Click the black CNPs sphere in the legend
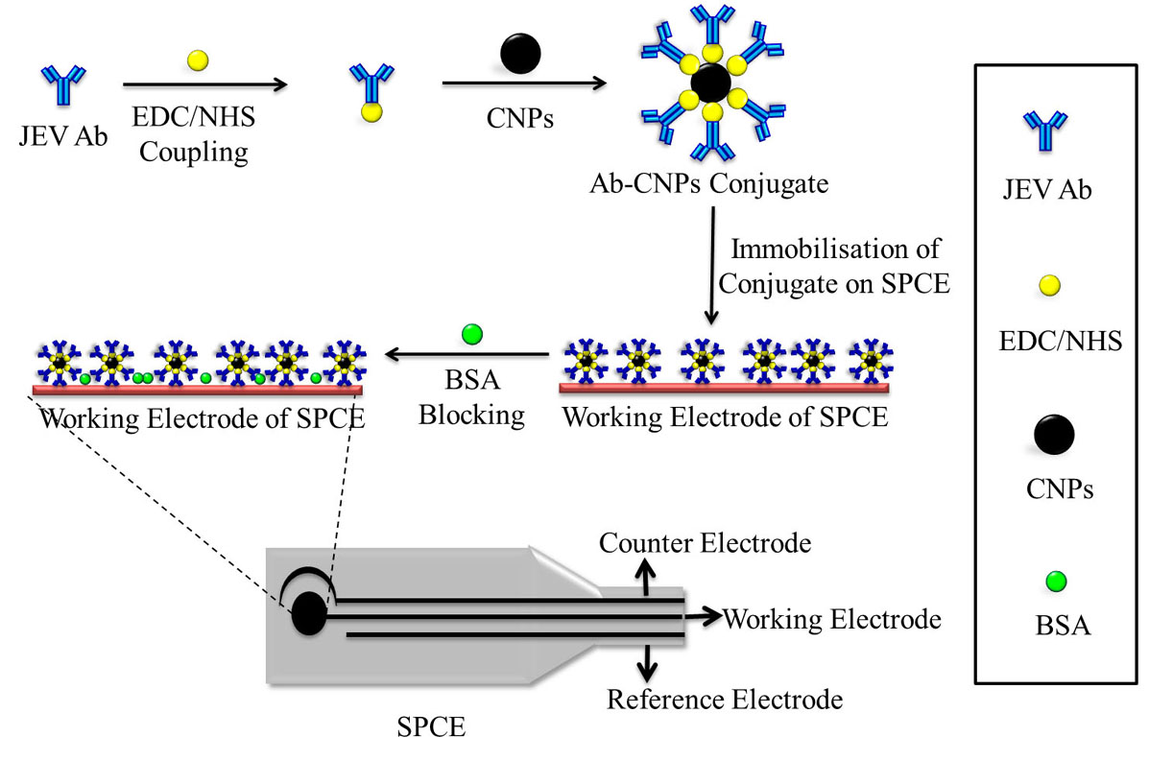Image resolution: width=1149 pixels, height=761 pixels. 1054,435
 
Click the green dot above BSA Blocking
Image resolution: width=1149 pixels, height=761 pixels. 471,334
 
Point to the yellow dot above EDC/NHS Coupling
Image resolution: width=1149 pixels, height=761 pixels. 198,59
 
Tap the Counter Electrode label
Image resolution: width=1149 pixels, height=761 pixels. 705,543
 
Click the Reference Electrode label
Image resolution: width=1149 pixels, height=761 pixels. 724,699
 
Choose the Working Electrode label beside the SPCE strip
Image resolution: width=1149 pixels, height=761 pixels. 831,619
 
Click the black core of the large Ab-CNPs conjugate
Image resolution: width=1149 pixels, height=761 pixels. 708,83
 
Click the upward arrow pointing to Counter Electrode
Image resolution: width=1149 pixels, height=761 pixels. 644,577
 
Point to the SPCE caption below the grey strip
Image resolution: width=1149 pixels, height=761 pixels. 431,726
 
